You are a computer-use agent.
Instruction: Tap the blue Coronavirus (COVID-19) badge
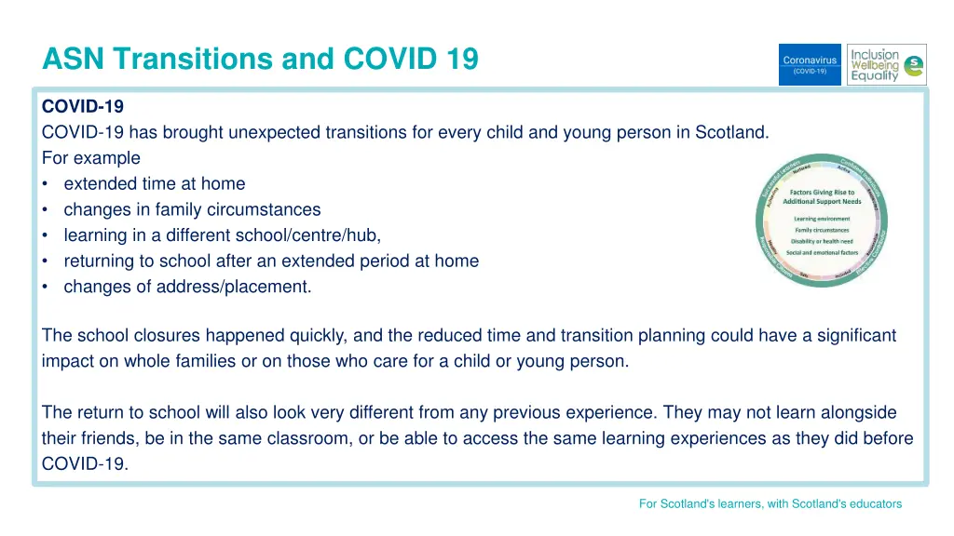coord(810,64)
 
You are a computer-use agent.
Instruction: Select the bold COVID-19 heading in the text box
coord(83,107)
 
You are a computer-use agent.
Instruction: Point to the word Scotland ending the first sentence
coord(731,132)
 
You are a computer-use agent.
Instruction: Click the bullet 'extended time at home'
coord(155,183)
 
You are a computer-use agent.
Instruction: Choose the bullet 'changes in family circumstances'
coord(192,209)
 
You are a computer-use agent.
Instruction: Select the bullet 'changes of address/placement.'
coord(187,287)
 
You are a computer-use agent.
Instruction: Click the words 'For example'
coord(91,158)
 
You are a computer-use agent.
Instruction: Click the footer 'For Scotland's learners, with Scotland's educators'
coord(770,503)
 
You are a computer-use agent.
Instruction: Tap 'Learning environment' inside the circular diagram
coord(822,219)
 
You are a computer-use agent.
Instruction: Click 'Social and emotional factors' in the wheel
coord(822,252)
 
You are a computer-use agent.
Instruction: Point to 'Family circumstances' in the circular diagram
coord(822,230)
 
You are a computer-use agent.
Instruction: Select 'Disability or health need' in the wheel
coord(822,241)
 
